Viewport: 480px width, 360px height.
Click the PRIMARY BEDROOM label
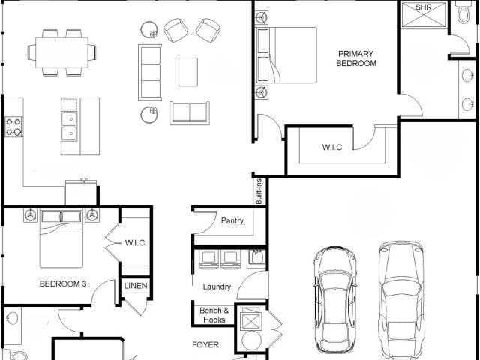pos(356,58)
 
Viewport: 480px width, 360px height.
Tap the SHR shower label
pos(423,7)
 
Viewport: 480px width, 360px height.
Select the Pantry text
pos(232,220)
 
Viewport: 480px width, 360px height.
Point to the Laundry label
pos(217,286)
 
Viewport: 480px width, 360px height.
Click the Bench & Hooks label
pos(214,315)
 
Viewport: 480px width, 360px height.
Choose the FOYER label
pos(205,345)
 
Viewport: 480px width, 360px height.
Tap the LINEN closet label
pos(136,286)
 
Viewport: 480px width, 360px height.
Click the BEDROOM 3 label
pos(63,283)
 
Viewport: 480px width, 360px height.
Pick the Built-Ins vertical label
pos(259,192)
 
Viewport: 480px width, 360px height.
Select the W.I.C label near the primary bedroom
pos(332,147)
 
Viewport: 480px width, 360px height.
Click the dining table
pos(61,52)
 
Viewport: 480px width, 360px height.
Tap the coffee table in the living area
pos(188,72)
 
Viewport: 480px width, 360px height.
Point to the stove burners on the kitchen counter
pos(13,127)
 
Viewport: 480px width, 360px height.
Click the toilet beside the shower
pos(464,12)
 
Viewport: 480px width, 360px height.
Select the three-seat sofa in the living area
pos(150,72)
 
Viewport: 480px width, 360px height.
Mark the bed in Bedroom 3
pos(61,238)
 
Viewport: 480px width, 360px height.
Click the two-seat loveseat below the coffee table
pos(190,113)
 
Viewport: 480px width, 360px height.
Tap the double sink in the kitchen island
pos(70,126)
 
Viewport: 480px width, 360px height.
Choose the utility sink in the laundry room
pos(256,256)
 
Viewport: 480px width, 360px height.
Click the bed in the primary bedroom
pos(286,55)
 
